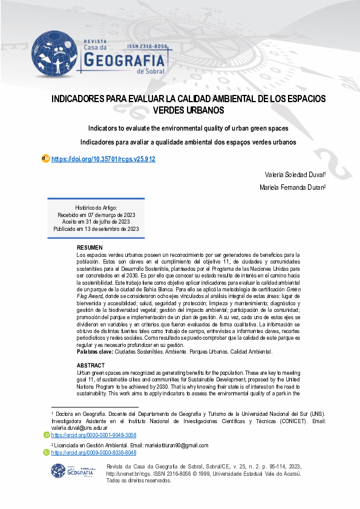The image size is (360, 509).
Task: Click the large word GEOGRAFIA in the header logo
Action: (125, 61)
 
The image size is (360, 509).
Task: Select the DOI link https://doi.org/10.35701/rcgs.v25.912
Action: (103, 159)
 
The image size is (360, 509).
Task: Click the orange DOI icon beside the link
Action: (45, 158)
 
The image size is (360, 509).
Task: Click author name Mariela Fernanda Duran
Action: (292, 187)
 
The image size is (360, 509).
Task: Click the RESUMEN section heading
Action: (90, 248)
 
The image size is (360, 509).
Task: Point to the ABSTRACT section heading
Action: (91, 366)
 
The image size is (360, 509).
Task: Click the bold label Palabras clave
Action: (94, 351)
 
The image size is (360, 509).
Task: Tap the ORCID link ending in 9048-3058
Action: (94, 435)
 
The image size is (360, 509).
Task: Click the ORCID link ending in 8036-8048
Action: (94, 452)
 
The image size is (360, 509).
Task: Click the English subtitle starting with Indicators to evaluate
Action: (188, 128)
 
